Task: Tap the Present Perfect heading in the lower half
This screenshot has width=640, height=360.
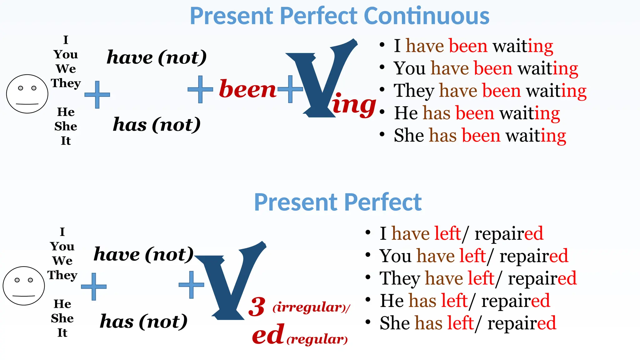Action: tap(338, 202)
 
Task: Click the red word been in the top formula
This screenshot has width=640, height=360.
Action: tap(247, 89)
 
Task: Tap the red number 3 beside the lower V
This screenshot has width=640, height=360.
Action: tap(257, 307)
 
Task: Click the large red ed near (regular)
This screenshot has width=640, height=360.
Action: tap(268, 334)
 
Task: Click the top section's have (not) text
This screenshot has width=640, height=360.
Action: tap(157, 57)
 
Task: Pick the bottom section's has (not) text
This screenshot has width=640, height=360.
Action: tap(144, 322)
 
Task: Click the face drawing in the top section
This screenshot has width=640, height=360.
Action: tap(27, 94)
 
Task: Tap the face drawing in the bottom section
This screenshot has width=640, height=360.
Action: tap(24, 286)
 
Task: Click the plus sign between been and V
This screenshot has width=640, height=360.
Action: tap(290, 89)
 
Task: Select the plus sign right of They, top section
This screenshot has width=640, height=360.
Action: tap(97, 95)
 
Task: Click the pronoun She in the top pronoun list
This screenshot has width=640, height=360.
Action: tap(66, 126)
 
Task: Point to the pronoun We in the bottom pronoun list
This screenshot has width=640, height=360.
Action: tap(62, 261)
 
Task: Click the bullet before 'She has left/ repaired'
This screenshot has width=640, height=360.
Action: tap(368, 322)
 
